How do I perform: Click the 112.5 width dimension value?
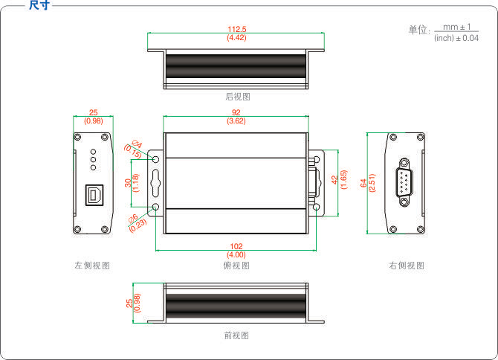coord(237,29)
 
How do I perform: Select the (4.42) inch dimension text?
coord(237,37)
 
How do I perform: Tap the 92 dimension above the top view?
coord(236,112)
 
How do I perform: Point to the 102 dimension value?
coord(236,246)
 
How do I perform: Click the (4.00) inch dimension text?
coord(236,255)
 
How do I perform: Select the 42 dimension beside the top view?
coord(334,179)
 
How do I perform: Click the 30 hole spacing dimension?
coord(128,182)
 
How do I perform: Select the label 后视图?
coord(237,97)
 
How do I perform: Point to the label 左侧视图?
coord(92,266)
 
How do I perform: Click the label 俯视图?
coord(236,266)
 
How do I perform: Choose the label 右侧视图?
coord(406,266)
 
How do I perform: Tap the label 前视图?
coord(236,335)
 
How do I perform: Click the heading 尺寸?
coord(39,5)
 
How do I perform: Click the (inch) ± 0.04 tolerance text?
coord(456,37)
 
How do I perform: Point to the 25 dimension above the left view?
coord(93,112)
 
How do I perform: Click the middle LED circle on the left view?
coord(93,158)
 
